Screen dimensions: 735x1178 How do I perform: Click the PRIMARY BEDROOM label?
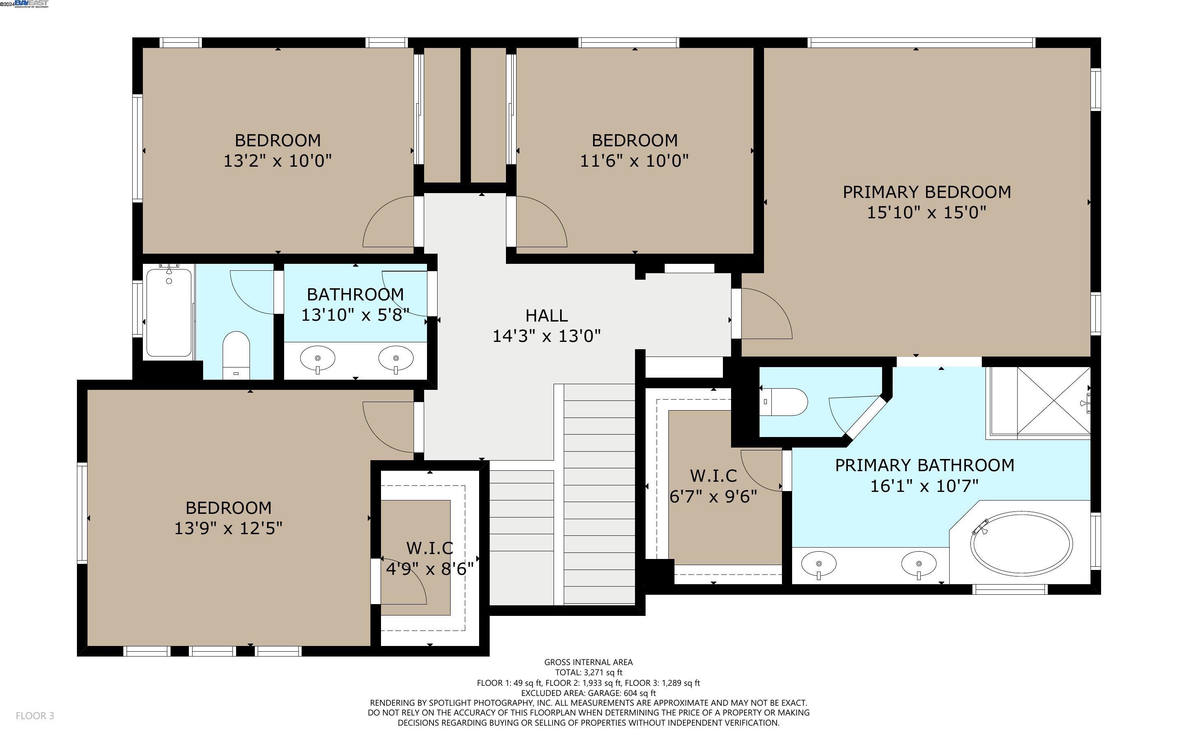click(926, 192)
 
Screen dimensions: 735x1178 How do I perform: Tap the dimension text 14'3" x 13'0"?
click(546, 336)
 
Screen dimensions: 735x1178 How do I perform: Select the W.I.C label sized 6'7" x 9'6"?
click(713, 475)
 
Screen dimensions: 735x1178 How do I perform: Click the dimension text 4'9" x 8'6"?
click(430, 568)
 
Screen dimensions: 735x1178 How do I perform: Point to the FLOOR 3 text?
click(35, 715)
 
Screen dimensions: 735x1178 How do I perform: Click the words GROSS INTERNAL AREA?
click(588, 662)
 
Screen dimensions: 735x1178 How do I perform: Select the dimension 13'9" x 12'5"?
click(228, 528)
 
